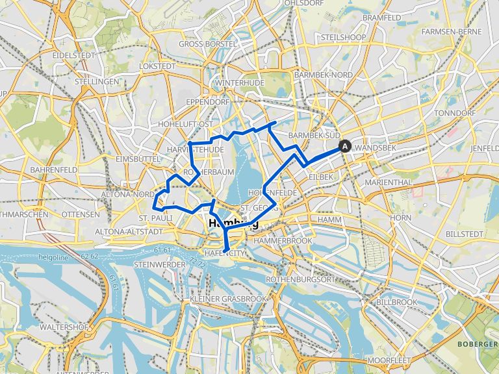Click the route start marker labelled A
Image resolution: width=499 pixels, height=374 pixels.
pyautogui.click(x=344, y=147)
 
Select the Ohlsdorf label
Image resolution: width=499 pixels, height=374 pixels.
pyautogui.click(x=304, y=3)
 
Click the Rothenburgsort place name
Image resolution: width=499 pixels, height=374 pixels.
pyautogui.click(x=295, y=279)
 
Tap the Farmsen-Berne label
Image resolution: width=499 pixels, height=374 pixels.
pyautogui.click(x=452, y=31)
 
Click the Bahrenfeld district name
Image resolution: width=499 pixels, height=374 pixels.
pyautogui.click(x=53, y=169)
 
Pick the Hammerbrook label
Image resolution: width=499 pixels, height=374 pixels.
pyautogui.click(x=284, y=241)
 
